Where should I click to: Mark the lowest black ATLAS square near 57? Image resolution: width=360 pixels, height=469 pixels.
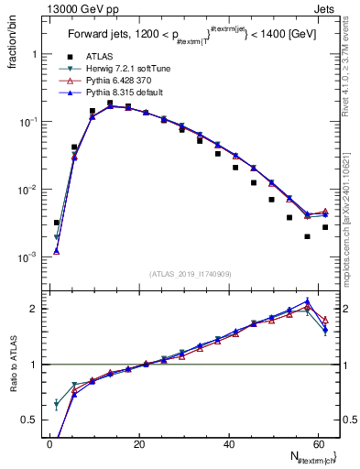[x=307, y=236]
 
